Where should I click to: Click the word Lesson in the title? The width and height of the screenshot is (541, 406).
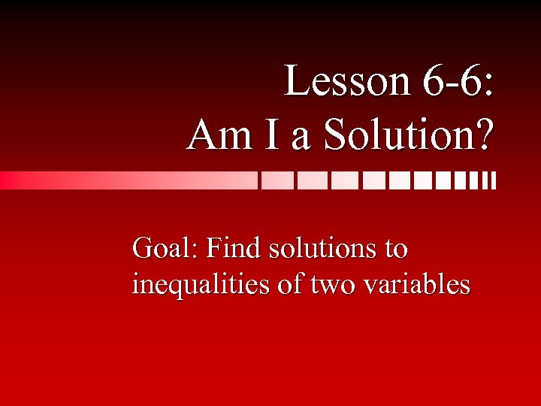345,83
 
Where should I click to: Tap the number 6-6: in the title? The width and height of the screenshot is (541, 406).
457,83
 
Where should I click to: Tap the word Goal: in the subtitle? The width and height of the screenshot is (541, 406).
164,248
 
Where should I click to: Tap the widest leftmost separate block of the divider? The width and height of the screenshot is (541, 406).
277,180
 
